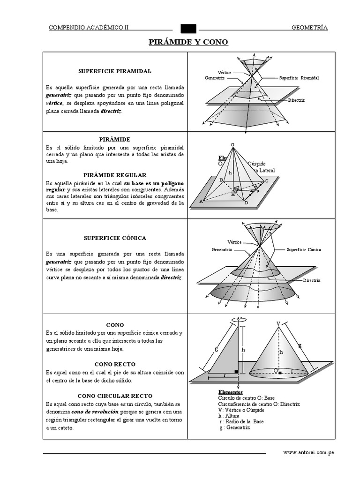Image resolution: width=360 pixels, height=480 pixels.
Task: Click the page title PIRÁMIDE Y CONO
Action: tap(188, 42)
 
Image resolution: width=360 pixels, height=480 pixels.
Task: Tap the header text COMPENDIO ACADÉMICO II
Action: tap(89, 28)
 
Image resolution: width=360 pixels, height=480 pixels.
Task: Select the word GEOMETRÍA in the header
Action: tap(309, 28)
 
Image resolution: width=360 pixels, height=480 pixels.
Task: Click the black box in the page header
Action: tap(188, 28)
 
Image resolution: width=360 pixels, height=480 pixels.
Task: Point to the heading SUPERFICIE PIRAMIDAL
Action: tap(115, 71)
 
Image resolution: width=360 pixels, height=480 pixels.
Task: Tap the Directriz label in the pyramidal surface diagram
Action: tap(296, 100)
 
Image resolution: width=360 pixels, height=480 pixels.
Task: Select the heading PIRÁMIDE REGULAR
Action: tap(115, 174)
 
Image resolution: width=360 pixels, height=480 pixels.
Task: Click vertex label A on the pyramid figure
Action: tap(202, 202)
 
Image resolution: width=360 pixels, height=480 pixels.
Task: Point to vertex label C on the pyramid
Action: tap(267, 181)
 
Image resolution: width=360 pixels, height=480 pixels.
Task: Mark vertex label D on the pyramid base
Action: tap(246, 203)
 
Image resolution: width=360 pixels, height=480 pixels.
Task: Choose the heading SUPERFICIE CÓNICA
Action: tap(115, 238)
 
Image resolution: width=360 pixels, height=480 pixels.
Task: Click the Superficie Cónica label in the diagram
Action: tap(303, 250)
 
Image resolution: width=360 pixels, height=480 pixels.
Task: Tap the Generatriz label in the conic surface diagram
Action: tap(222, 250)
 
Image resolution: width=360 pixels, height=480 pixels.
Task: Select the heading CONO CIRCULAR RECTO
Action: tap(115, 396)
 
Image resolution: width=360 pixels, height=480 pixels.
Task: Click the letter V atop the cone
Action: tap(278, 324)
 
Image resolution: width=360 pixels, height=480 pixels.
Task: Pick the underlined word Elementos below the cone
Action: tap(231, 391)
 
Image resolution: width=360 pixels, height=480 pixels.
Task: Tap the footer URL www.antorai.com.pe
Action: tap(308, 453)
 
